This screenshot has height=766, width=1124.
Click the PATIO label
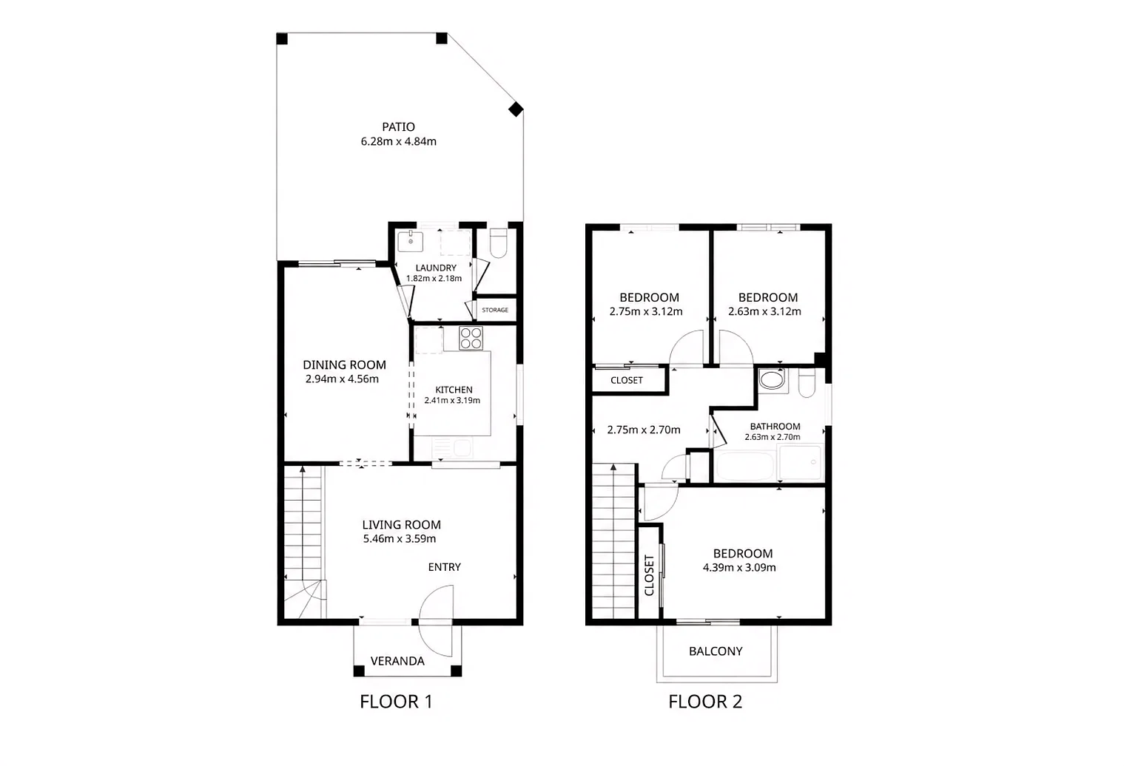(x=398, y=127)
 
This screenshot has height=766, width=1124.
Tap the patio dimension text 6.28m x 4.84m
(x=398, y=141)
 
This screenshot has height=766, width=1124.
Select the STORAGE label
(x=495, y=310)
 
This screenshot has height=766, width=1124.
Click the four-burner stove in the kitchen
(x=471, y=338)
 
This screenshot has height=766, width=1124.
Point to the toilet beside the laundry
(x=498, y=243)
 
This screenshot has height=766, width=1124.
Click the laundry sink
(x=411, y=242)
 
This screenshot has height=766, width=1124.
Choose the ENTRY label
(x=444, y=567)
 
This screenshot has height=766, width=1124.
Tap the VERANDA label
(x=397, y=661)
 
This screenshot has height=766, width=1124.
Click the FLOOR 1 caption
(x=396, y=702)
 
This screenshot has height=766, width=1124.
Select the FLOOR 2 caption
(x=705, y=702)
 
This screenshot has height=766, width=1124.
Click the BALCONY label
(x=716, y=651)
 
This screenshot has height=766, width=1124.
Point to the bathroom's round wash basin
(x=771, y=379)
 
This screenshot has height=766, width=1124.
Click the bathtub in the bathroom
(x=745, y=467)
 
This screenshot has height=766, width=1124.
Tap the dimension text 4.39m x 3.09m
(x=739, y=568)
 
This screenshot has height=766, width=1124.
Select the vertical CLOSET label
(x=649, y=575)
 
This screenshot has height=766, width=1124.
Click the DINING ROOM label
(x=344, y=365)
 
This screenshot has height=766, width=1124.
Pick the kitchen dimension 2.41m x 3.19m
(x=452, y=400)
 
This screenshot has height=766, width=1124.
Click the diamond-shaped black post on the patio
(x=516, y=109)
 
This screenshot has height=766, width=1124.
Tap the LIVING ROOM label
(x=401, y=525)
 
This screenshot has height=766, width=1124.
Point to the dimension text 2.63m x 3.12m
(x=764, y=311)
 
